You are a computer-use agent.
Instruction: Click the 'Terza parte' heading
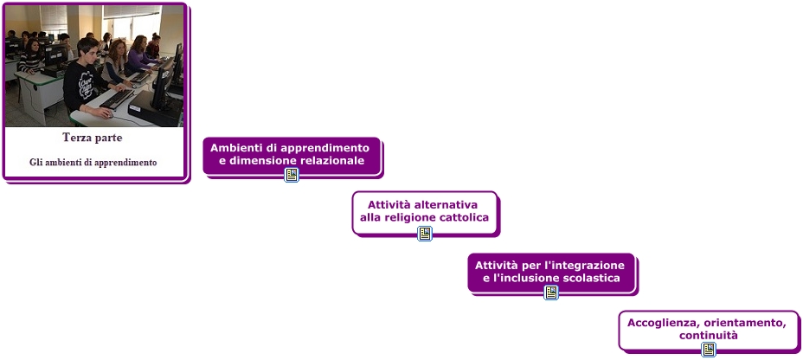pyautogui.click(x=93, y=138)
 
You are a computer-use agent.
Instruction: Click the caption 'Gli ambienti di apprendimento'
pyautogui.click(x=93, y=162)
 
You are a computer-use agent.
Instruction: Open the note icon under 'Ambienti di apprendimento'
pyautogui.click(x=292, y=175)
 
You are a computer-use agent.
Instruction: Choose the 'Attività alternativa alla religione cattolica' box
pyautogui.click(x=424, y=210)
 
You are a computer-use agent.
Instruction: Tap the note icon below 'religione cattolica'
pyautogui.click(x=424, y=233)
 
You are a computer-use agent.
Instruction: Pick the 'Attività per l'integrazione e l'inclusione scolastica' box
pyautogui.click(x=551, y=272)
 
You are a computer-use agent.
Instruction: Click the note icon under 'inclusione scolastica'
pyautogui.click(x=551, y=292)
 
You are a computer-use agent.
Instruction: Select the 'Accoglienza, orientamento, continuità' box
pyautogui.click(x=708, y=329)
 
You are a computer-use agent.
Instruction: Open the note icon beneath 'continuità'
pyautogui.click(x=709, y=350)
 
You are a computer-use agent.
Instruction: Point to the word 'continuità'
pyautogui.click(x=708, y=336)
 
